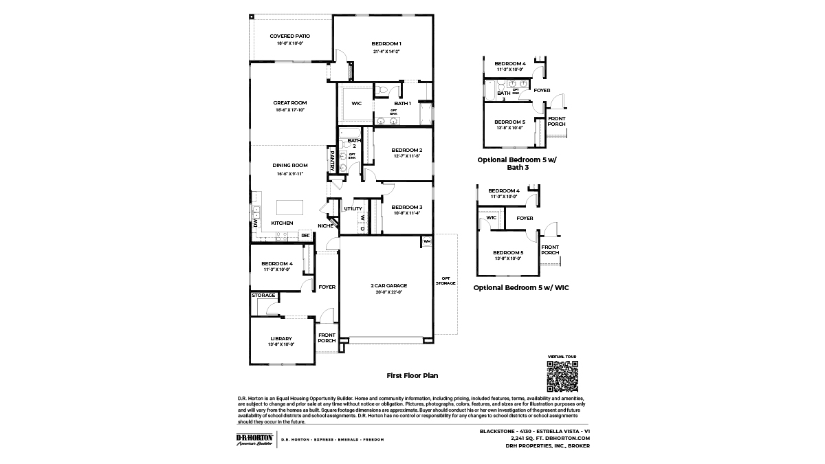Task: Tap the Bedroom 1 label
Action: [x=386, y=44]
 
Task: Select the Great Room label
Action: [x=289, y=103]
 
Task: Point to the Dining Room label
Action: [x=289, y=165]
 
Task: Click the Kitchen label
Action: [x=282, y=223]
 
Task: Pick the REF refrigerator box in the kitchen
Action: [x=305, y=235]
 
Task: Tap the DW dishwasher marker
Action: [x=255, y=224]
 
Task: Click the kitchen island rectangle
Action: [x=291, y=207]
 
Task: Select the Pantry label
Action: [x=333, y=161]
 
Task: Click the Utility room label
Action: [x=353, y=208]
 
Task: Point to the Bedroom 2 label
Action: [x=406, y=150]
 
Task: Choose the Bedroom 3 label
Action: [x=406, y=207]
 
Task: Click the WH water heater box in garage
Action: [x=427, y=241]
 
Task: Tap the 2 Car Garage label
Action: [x=389, y=285]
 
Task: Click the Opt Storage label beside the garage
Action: [x=445, y=280]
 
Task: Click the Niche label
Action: [x=325, y=225]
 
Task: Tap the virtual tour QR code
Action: [x=562, y=376]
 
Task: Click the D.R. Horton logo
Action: [x=254, y=439]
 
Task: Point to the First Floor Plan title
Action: [x=412, y=376]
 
